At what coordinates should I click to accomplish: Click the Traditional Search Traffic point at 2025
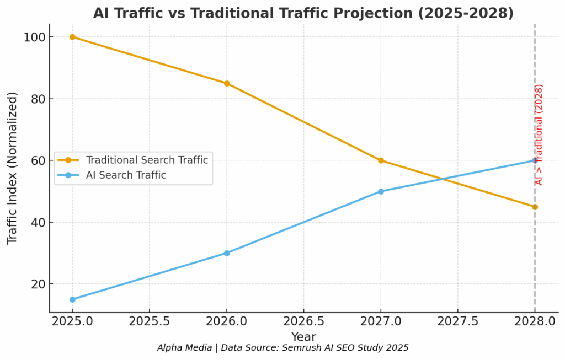click(72, 37)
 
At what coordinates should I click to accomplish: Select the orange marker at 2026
click(226, 83)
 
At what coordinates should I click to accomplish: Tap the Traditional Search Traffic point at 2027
click(381, 160)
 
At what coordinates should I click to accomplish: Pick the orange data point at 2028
click(535, 207)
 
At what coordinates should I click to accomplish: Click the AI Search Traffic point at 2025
click(72, 299)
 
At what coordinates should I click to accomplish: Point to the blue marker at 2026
click(226, 253)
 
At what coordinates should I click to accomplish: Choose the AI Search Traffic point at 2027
click(381, 191)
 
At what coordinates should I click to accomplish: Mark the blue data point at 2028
click(535, 160)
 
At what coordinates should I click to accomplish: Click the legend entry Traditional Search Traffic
click(147, 160)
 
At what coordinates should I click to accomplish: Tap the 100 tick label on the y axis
click(34, 37)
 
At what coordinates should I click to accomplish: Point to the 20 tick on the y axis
click(38, 284)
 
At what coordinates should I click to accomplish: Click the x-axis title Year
click(303, 336)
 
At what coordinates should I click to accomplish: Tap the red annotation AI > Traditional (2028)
click(540, 135)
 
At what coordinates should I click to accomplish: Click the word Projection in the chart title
click(390, 13)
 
